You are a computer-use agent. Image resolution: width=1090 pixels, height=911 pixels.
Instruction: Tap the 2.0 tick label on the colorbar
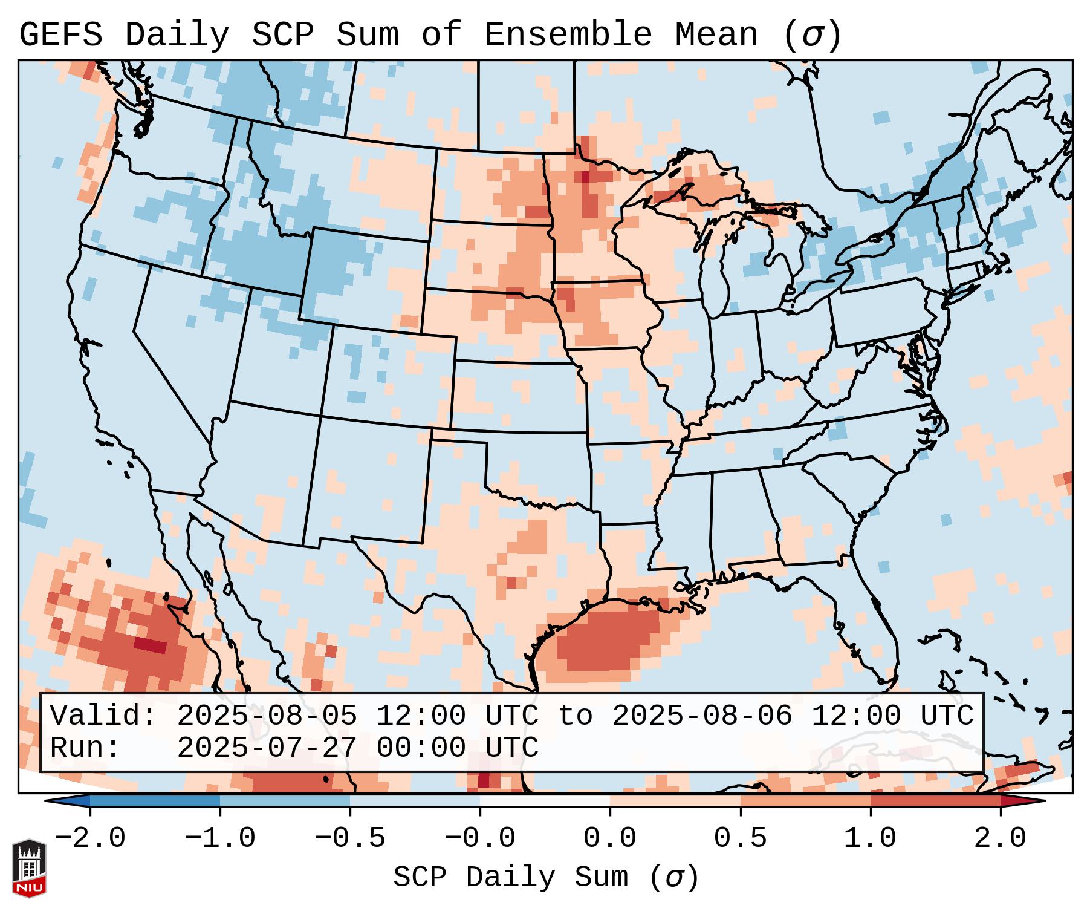click(x=1000, y=838)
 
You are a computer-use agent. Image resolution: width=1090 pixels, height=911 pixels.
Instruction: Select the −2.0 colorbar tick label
click(x=90, y=838)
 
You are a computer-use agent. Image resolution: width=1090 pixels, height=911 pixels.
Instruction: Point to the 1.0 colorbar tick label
click(x=870, y=838)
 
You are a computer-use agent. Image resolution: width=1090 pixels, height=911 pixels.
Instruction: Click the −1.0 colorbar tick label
click(x=220, y=838)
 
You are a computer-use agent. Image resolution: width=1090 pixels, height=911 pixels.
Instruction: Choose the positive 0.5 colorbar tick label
click(x=740, y=838)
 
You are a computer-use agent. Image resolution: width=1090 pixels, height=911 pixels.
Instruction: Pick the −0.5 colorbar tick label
click(x=350, y=838)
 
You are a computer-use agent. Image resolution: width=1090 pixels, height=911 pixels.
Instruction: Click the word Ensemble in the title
click(x=568, y=35)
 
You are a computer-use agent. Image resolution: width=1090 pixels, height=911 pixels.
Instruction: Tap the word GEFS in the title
click(x=61, y=35)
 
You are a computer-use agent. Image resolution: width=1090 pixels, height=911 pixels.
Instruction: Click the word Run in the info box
click(x=85, y=748)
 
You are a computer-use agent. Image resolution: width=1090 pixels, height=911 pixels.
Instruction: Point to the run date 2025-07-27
click(x=267, y=748)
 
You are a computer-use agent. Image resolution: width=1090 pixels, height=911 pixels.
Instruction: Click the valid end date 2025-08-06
click(x=702, y=716)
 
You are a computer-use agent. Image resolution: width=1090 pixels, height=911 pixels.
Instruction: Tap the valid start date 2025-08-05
click(x=267, y=716)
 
